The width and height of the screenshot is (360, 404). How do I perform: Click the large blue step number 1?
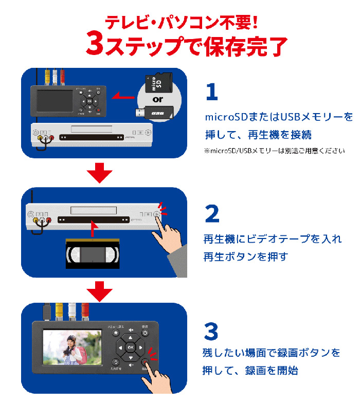click(x=212, y=93)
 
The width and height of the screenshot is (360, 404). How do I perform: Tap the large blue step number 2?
click(x=212, y=214)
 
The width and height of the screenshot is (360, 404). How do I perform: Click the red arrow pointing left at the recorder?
click(x=122, y=96)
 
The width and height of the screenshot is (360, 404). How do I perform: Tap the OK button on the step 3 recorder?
click(x=130, y=346)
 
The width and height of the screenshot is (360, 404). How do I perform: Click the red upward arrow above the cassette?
click(x=92, y=229)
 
